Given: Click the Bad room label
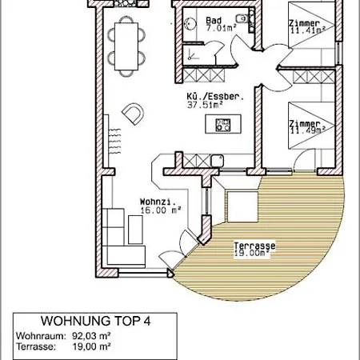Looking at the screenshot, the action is (214, 20).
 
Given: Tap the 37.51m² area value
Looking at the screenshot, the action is (205, 105).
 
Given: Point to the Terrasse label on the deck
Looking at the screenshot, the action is (254, 246).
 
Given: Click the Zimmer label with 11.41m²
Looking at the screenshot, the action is (305, 23).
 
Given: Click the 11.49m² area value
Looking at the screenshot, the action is (308, 130).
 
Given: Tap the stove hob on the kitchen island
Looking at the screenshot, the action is (223, 125).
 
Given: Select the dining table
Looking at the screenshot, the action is (126, 46).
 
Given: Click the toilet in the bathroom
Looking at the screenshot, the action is (241, 18).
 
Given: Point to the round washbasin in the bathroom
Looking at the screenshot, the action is (190, 24).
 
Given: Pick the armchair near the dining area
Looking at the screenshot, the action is (133, 114).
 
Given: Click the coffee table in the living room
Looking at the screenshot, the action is (135, 230).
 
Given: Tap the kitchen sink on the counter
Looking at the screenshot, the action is (218, 161).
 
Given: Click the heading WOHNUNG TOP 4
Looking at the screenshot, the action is (96, 321).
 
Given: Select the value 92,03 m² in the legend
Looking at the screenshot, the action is (91, 336).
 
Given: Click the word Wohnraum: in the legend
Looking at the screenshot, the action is (41, 336).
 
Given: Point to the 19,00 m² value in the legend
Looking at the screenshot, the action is (91, 346).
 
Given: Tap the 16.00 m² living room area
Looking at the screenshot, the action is (161, 210).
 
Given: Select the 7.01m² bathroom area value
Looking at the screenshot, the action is (221, 28).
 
